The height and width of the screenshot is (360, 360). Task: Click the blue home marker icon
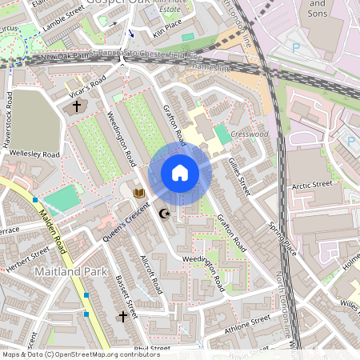180,173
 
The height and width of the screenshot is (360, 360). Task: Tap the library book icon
139,193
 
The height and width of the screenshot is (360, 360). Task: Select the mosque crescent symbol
166,214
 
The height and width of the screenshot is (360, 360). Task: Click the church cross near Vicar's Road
77,106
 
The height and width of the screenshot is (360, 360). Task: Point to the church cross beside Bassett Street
123,317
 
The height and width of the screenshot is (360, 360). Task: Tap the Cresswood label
249,135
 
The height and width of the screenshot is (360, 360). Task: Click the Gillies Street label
238,176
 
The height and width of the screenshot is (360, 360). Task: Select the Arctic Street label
311,185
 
